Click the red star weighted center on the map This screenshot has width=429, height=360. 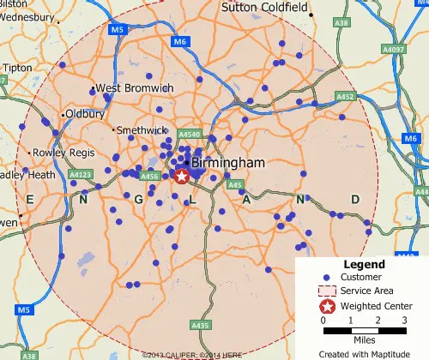coord(182,177)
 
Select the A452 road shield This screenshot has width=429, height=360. coord(346,97)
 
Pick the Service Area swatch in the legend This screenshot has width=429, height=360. coord(326,291)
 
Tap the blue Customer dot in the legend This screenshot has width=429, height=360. coord(326,278)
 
